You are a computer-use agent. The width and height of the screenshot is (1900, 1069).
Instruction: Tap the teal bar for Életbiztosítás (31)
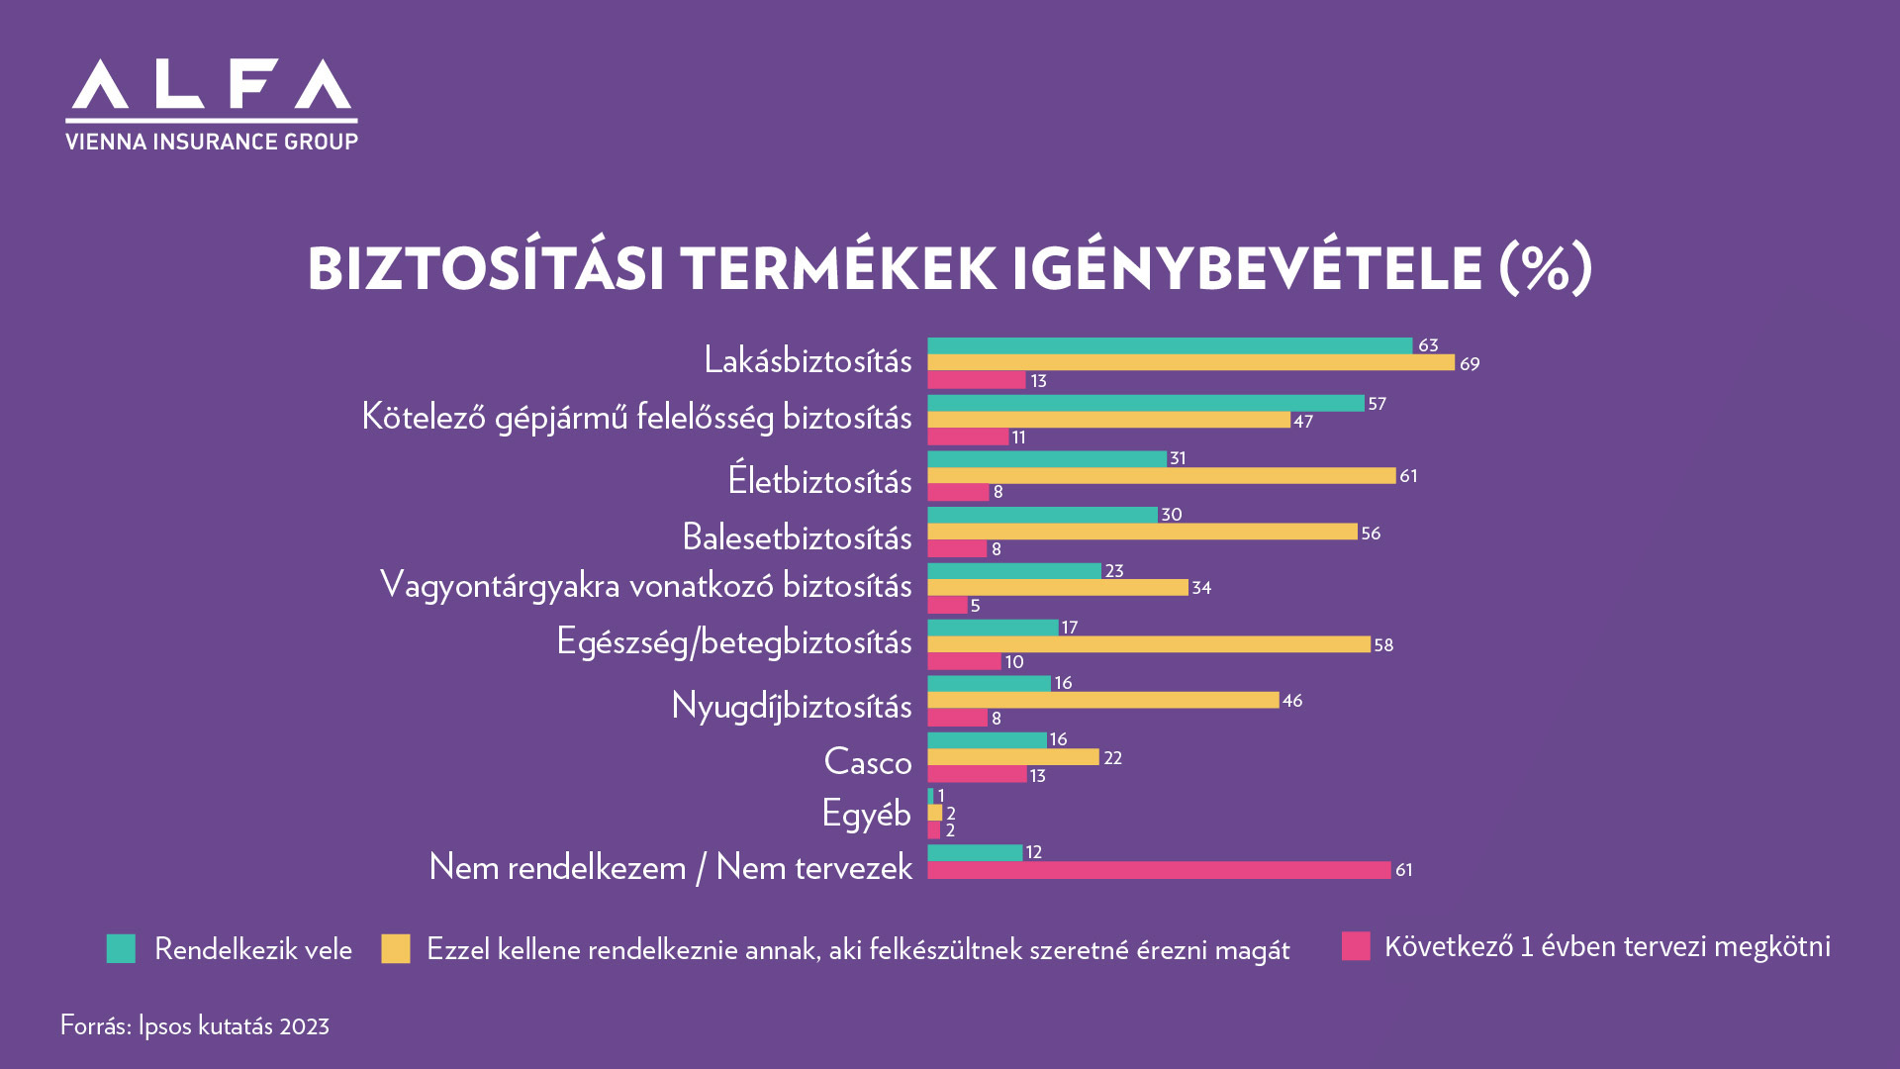1047,459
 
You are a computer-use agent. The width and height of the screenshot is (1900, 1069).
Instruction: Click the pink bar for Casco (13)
977,775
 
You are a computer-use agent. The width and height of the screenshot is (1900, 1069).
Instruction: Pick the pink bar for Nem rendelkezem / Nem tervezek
1159,870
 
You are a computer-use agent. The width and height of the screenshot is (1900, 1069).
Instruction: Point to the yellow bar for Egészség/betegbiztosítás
1148,644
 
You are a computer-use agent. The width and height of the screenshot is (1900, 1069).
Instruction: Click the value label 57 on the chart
1377,404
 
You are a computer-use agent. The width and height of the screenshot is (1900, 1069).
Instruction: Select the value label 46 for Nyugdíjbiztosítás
1292,701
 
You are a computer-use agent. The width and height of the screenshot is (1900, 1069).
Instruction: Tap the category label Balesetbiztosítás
797,537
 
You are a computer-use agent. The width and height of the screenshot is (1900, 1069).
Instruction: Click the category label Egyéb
866,814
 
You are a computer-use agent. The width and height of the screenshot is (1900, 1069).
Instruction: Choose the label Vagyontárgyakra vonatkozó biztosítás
645,585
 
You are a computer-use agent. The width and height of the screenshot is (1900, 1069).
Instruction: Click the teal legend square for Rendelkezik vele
121,949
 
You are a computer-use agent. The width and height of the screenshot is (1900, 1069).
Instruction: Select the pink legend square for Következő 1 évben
1356,946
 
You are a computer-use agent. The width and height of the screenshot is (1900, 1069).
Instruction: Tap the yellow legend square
396,949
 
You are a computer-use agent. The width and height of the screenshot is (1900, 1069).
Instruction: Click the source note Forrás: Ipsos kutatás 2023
195,1025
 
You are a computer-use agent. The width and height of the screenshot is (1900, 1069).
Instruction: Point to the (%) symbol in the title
1545,268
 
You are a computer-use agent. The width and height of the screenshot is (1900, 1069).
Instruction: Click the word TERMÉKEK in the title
837,269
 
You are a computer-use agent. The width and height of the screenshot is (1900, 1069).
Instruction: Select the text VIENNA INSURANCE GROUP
212,142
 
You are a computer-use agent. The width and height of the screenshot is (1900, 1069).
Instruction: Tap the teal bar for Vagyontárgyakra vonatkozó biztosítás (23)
1013,571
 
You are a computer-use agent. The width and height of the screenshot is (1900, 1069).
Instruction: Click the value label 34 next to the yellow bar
1201,588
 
